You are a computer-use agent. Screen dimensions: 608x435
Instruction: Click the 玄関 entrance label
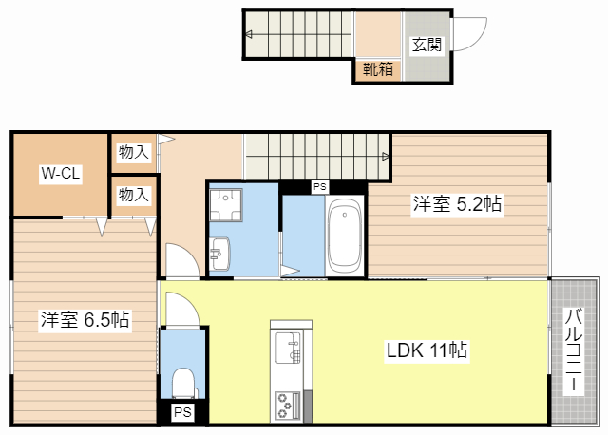(x=427, y=45)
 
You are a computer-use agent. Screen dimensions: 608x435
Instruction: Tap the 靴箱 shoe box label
(x=378, y=69)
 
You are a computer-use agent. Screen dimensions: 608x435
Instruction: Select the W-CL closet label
(x=61, y=173)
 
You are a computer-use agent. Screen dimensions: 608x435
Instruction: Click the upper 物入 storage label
(x=134, y=152)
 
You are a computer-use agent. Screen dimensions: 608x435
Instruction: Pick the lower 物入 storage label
(x=134, y=195)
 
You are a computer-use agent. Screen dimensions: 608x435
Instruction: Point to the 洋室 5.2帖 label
(x=457, y=203)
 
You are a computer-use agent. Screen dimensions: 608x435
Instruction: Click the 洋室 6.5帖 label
(x=85, y=319)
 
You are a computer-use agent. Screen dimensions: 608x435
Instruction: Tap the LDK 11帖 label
(x=427, y=350)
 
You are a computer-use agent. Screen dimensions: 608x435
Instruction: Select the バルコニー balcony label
(x=573, y=350)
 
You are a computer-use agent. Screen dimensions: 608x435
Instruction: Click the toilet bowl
(x=182, y=383)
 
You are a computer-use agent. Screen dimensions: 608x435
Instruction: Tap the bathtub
(x=344, y=236)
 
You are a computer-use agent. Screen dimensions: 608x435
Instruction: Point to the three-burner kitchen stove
(x=288, y=406)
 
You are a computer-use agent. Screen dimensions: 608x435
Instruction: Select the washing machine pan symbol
(x=226, y=205)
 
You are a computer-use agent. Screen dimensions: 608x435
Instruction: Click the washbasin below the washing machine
(x=219, y=254)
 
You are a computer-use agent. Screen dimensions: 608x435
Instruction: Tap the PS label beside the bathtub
(x=320, y=187)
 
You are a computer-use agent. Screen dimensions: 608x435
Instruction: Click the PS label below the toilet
(x=182, y=412)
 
